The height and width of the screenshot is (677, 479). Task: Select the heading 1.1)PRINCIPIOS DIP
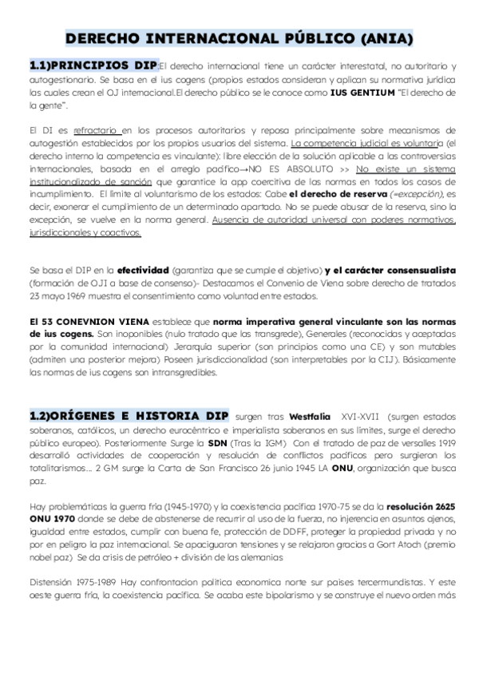coord(93,65)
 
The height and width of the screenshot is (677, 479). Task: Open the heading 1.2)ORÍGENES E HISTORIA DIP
coord(129,417)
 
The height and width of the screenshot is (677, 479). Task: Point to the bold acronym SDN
coord(218,443)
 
